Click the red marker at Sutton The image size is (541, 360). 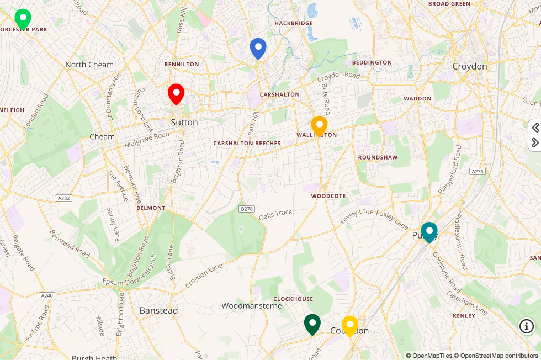point(176,94)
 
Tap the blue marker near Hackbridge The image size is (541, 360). point(258,48)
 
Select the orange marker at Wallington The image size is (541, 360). point(319,126)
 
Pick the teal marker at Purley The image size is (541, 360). point(429,232)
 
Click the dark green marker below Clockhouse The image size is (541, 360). point(312,324)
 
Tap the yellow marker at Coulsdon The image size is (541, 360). point(349,326)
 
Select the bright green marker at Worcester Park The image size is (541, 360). point(23,19)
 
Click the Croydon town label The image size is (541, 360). point(469,66)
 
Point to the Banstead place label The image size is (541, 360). point(158,310)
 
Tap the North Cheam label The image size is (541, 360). point(89,65)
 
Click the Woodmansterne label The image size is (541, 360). point(251,305)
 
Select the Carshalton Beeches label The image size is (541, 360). point(247,143)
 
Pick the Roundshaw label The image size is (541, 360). point(378,157)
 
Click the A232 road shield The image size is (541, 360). point(64,198)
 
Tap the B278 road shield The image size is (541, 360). point(247,209)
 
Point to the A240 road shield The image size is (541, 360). point(47,295)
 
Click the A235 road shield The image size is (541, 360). point(478,172)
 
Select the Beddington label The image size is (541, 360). point(372,62)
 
